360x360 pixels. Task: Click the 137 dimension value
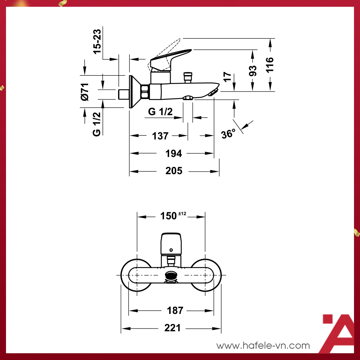(160, 136)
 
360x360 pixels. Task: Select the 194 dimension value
(173, 153)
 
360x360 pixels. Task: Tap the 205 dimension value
(174, 171)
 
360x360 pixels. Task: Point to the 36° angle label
(228, 134)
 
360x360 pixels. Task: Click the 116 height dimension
(270, 64)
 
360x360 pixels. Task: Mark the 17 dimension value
(227, 77)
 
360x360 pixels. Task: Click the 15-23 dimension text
(97, 42)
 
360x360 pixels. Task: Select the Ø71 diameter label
(85, 91)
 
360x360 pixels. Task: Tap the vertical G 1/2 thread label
(96, 124)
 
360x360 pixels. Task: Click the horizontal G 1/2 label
(160, 111)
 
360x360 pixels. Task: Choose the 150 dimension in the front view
(169, 216)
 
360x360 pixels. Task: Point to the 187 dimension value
(175, 310)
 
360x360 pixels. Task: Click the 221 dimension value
(172, 328)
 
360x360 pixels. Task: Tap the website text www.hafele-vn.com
(263, 346)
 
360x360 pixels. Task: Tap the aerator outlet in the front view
(171, 277)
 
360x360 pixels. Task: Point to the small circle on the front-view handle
(171, 250)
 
